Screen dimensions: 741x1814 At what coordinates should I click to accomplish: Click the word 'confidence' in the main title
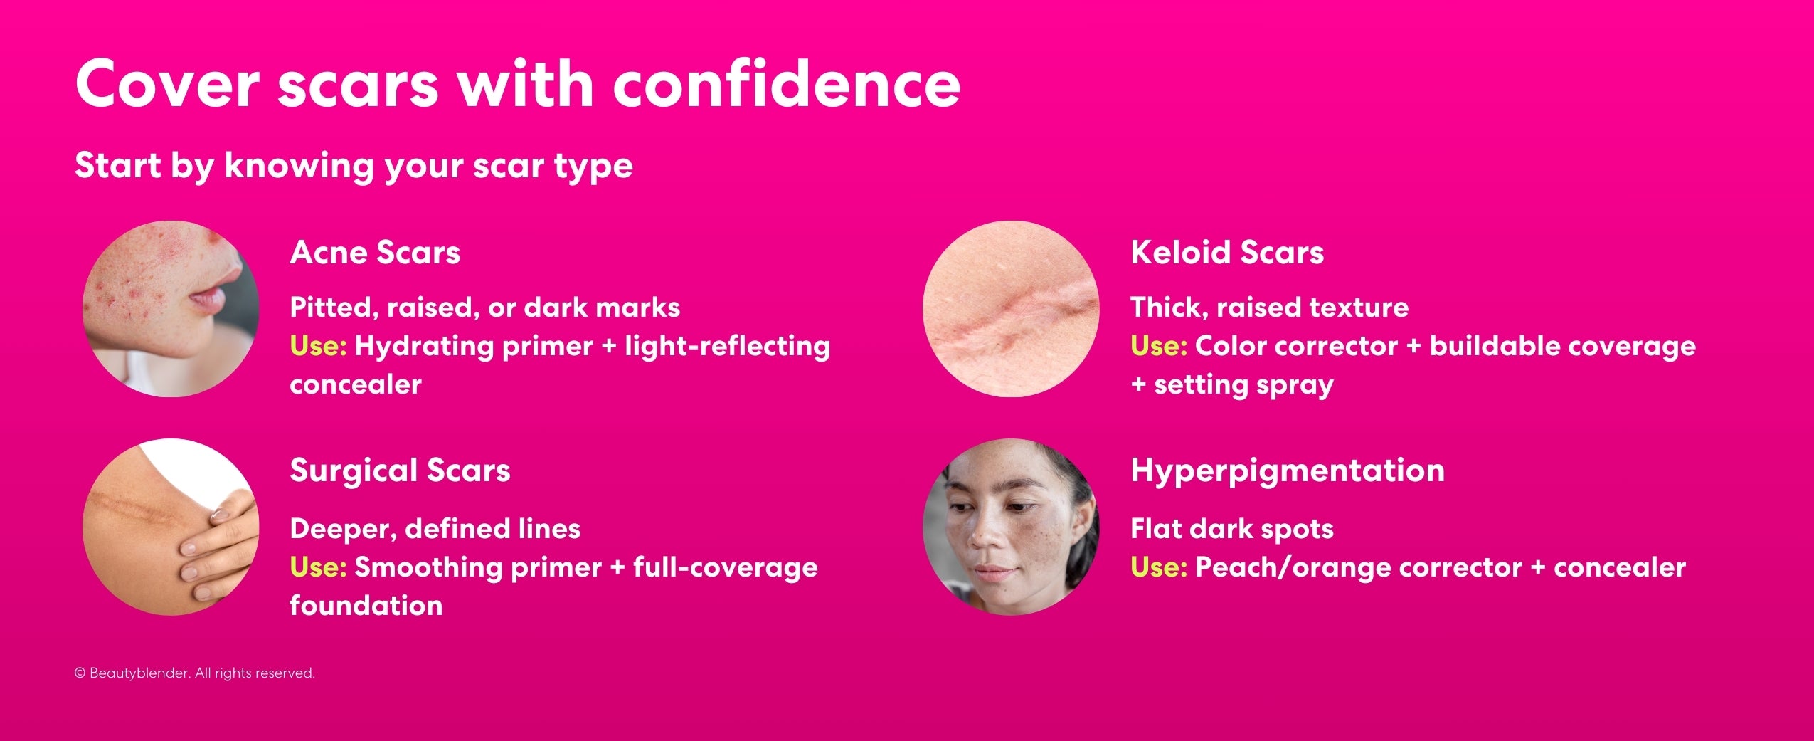pos(786,85)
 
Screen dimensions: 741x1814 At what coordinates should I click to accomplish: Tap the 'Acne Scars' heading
pos(375,253)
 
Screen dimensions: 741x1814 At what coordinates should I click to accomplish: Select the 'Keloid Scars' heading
pos(1227,253)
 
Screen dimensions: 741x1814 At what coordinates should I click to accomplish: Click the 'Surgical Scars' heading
pos(400,471)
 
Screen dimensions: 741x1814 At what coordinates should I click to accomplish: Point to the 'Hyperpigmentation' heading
pos(1288,471)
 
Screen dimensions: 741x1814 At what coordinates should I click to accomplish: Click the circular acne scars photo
pos(171,309)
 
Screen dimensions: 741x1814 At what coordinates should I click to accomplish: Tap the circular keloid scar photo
pos(1011,309)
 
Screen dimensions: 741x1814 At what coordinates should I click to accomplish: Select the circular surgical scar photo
pos(171,527)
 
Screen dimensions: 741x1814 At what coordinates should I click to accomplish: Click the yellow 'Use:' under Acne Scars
pos(318,346)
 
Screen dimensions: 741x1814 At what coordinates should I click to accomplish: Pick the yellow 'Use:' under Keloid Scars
pos(1159,346)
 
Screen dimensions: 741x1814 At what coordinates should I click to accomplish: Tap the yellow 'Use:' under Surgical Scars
pos(318,567)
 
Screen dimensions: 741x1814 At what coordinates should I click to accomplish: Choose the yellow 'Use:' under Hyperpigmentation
pos(1159,567)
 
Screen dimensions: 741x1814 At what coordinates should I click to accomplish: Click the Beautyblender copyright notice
pos(194,673)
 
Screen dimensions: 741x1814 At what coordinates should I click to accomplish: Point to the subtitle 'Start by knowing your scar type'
pos(354,165)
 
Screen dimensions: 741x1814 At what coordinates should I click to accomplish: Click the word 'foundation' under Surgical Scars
pos(366,606)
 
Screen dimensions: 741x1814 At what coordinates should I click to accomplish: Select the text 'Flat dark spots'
pos(1231,529)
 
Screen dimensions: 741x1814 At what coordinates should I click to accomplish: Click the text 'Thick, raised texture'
pos(1269,308)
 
